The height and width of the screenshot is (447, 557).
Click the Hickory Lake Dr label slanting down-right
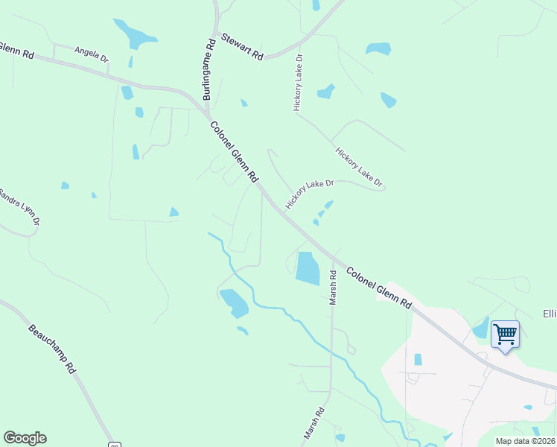click(x=359, y=167)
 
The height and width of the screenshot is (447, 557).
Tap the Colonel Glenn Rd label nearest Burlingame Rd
click(x=234, y=153)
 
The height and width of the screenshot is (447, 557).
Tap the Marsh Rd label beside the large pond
click(x=334, y=287)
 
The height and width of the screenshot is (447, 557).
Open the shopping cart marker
click(x=505, y=335)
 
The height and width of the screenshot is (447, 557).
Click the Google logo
click(x=25, y=438)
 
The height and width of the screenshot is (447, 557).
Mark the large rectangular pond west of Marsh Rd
click(x=307, y=267)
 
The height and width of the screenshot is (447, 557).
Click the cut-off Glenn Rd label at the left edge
click(x=17, y=50)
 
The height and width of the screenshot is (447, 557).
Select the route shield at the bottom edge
click(x=114, y=444)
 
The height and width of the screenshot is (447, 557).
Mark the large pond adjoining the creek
click(x=234, y=302)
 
